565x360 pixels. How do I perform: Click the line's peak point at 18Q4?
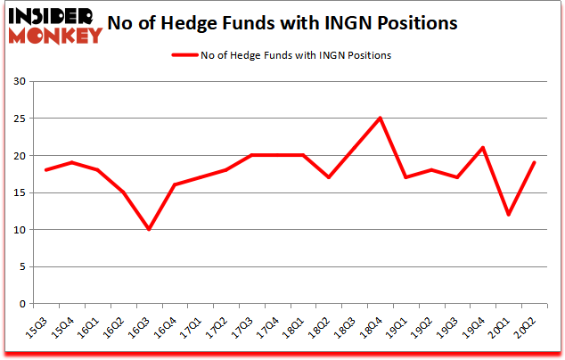[380, 118]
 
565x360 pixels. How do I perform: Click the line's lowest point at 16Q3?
[149, 229]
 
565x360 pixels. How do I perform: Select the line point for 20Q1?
[508, 215]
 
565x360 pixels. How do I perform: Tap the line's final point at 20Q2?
[534, 162]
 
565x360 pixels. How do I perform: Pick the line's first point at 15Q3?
[45, 169]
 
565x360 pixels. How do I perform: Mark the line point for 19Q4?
[482, 148]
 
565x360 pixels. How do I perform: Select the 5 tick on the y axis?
[20, 266]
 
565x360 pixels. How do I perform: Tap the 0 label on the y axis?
[20, 304]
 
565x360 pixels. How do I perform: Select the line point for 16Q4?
[175, 184]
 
